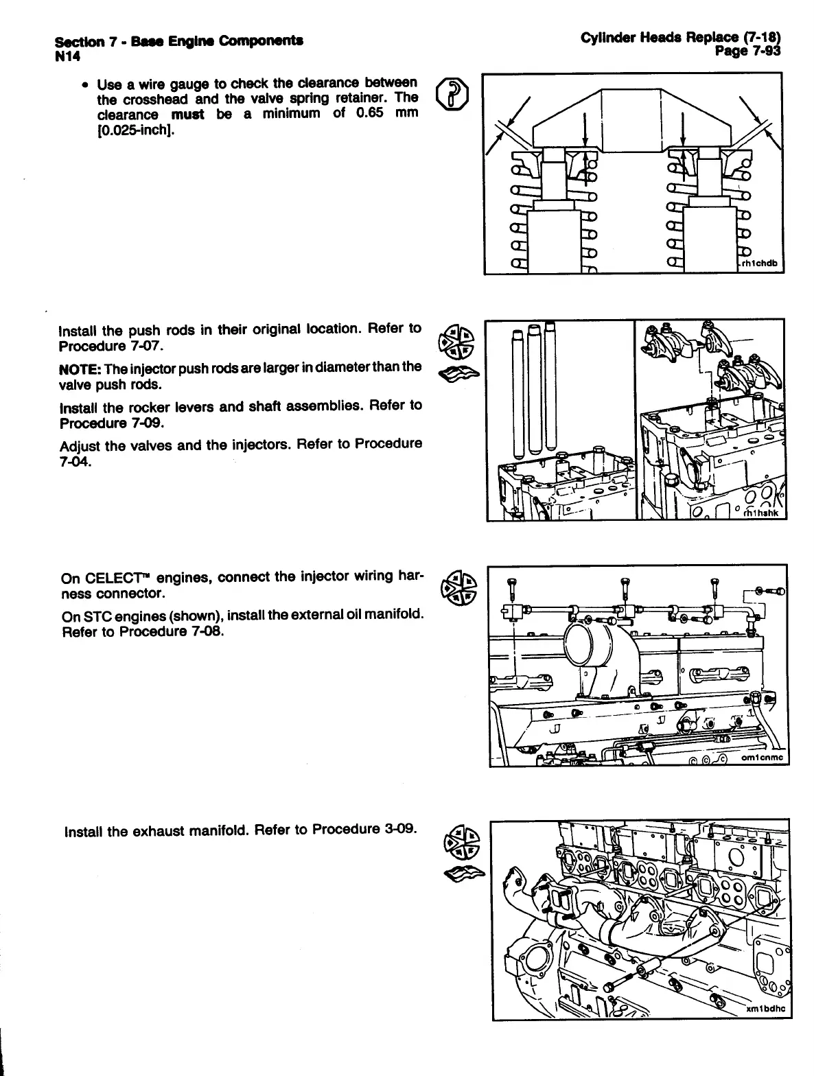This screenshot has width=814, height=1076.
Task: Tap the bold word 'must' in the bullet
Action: (187, 114)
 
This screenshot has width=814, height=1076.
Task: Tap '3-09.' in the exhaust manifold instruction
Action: (399, 829)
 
